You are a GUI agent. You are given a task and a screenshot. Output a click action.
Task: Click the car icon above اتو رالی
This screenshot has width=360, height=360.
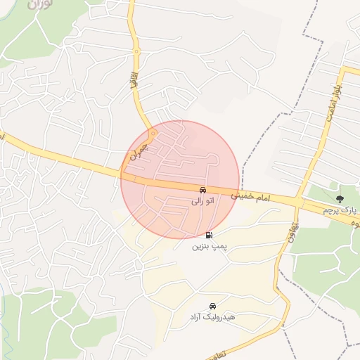[x=202, y=190]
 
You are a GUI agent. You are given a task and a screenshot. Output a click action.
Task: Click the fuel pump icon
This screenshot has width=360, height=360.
[x=209, y=236]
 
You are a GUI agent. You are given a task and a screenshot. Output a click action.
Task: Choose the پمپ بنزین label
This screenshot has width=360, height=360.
[x=209, y=247]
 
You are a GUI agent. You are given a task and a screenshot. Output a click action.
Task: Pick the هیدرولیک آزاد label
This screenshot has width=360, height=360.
[x=212, y=318]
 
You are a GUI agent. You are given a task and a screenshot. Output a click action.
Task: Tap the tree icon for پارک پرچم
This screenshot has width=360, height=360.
[x=340, y=199]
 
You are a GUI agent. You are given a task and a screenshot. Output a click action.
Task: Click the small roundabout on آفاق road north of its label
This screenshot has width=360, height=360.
[x=136, y=51]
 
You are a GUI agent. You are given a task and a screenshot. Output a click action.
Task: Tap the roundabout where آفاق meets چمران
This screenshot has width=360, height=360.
[x=152, y=131]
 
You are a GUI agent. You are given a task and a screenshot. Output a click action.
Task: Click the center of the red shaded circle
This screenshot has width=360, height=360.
[x=181, y=179]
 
